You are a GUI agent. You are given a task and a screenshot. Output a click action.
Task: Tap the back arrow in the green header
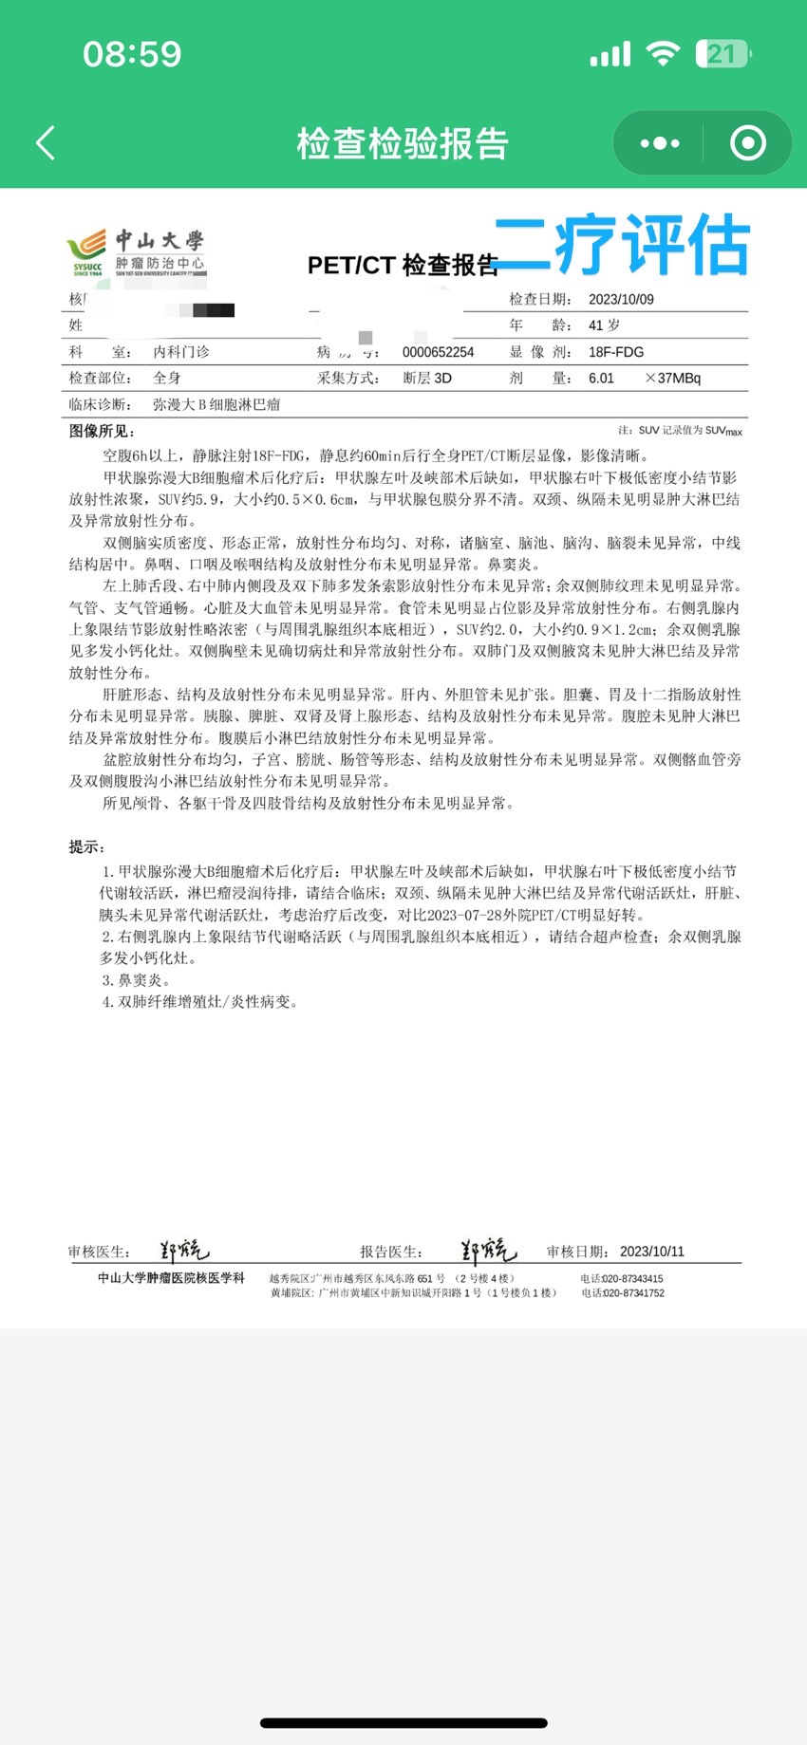[46, 143]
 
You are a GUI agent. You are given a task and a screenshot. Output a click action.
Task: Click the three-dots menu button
[660, 143]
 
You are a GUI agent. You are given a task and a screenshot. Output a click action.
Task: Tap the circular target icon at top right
[747, 143]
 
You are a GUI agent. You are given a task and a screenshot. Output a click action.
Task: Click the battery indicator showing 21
[723, 54]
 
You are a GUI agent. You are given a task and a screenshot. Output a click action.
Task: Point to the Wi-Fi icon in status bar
[663, 53]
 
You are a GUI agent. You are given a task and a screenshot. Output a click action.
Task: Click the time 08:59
[132, 54]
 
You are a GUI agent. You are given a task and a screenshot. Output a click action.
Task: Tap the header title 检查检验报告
[403, 143]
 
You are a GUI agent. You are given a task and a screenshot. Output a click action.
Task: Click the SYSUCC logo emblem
[86, 251]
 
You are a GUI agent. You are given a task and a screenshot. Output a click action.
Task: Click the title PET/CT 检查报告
[403, 266]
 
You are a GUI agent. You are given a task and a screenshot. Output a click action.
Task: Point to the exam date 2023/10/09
[621, 299]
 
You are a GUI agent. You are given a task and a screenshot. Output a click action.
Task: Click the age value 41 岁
[604, 325]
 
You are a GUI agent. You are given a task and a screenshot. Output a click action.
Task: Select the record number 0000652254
[438, 352]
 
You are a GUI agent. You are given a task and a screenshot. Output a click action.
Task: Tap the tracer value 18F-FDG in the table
[616, 352]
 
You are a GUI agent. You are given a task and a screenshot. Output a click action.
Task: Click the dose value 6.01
[601, 378]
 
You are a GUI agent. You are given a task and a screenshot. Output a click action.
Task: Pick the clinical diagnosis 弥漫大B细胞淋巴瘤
[216, 404]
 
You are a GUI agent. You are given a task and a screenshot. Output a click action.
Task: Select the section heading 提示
[86, 847]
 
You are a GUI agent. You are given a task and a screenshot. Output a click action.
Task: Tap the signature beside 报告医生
[488, 1251]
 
